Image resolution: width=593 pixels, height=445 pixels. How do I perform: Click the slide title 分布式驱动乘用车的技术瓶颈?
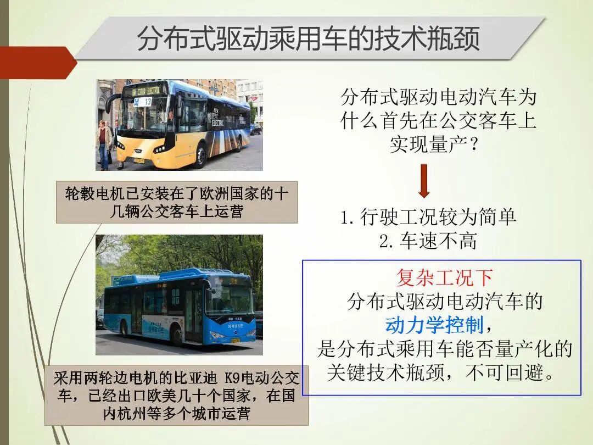[x=308, y=38]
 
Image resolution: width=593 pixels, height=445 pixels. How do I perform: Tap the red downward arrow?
[x=423, y=180]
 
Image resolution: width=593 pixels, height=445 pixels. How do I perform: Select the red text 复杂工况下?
[x=444, y=277]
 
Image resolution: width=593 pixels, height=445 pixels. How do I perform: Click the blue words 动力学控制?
[x=434, y=325]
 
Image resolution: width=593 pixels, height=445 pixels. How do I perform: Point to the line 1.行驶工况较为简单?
[x=428, y=217]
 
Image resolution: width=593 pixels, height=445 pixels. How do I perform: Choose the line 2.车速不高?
[x=428, y=241]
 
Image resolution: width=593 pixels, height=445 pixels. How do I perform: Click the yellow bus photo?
[x=179, y=125]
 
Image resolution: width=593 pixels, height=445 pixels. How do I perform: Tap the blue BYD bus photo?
[x=179, y=294]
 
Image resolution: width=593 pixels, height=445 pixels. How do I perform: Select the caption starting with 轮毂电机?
[x=177, y=202]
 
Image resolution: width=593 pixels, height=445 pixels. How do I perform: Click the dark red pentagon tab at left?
[x=36, y=63]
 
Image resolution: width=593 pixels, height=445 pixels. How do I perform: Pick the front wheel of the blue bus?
[x=177, y=336]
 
